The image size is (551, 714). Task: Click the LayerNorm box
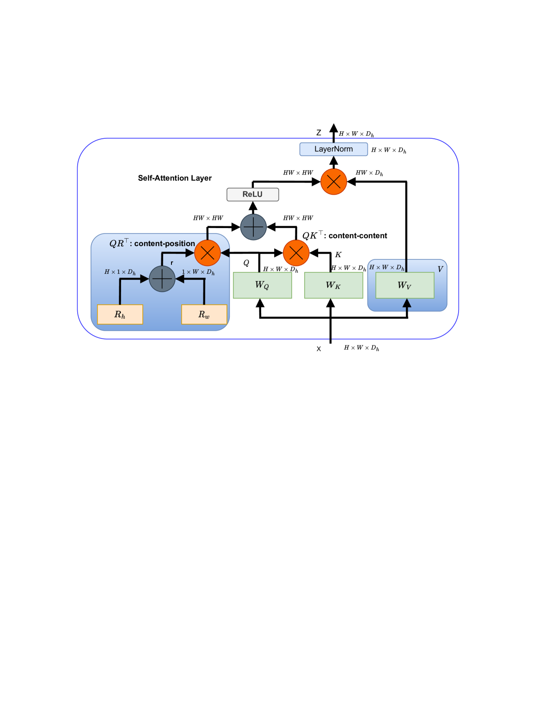[333, 149]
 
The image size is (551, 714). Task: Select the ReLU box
[252, 194]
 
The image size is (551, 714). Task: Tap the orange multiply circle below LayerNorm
[333, 182]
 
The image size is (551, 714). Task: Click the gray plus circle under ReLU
[253, 227]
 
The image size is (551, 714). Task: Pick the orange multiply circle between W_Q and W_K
[296, 253]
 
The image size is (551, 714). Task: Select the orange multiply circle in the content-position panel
[207, 253]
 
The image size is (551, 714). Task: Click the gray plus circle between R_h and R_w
[162, 279]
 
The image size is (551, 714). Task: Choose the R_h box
[120, 314]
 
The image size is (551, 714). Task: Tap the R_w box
[204, 314]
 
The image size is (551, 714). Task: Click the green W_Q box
[262, 285]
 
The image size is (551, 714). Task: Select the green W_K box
[333, 285]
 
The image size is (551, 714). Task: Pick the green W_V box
[404, 285]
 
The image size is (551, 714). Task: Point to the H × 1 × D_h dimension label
[120, 272]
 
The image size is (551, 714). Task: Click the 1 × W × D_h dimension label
[198, 272]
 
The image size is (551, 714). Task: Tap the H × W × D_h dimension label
[386, 267]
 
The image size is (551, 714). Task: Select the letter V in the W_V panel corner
[440, 269]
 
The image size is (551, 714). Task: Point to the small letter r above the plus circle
[172, 263]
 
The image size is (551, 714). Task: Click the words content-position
[165, 244]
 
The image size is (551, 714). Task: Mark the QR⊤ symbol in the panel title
[118, 243]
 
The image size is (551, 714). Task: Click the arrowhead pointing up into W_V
[407, 303]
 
